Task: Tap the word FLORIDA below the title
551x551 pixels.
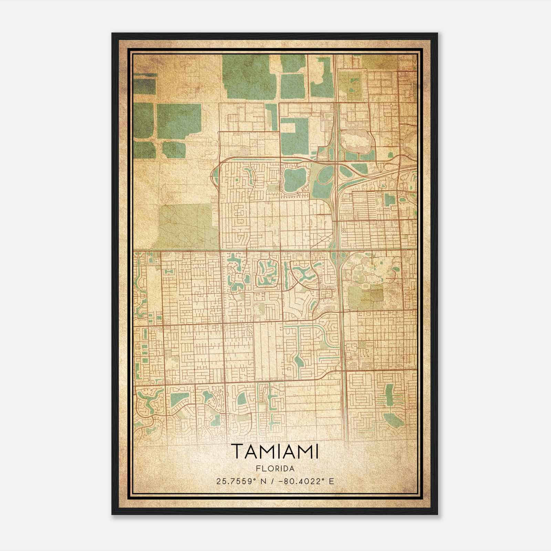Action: [275, 469]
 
